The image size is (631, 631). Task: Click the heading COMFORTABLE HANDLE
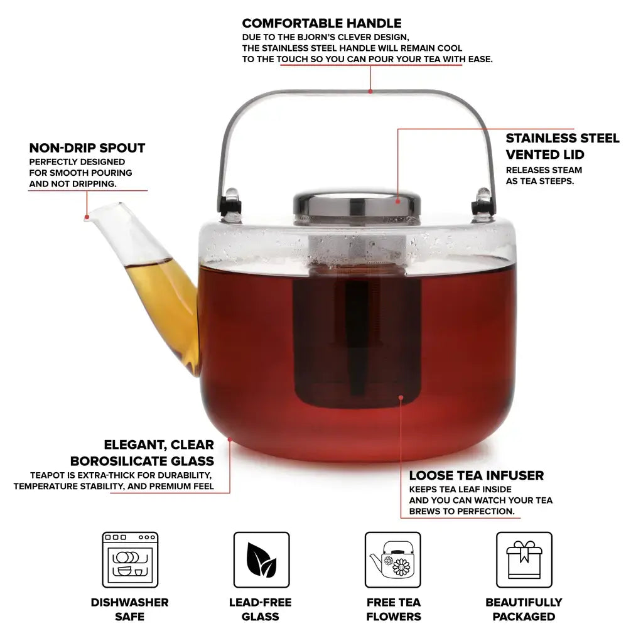[321, 23]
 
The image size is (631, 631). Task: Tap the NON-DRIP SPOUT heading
[87, 148]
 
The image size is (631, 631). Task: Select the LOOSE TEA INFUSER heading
[476, 476]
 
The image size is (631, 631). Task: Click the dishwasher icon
[130, 560]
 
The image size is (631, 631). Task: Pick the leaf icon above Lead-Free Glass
[262, 560]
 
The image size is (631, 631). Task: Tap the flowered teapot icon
[393, 560]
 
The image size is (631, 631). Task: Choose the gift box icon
[524, 560]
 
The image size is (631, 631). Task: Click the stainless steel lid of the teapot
[357, 204]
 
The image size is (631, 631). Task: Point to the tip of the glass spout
[87, 217]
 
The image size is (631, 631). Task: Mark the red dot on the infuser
[401, 397]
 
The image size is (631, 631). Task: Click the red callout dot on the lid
[397, 201]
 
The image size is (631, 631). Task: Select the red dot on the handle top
[370, 91]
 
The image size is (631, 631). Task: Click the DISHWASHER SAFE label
[129, 609]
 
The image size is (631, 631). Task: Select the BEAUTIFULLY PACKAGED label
[524, 609]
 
